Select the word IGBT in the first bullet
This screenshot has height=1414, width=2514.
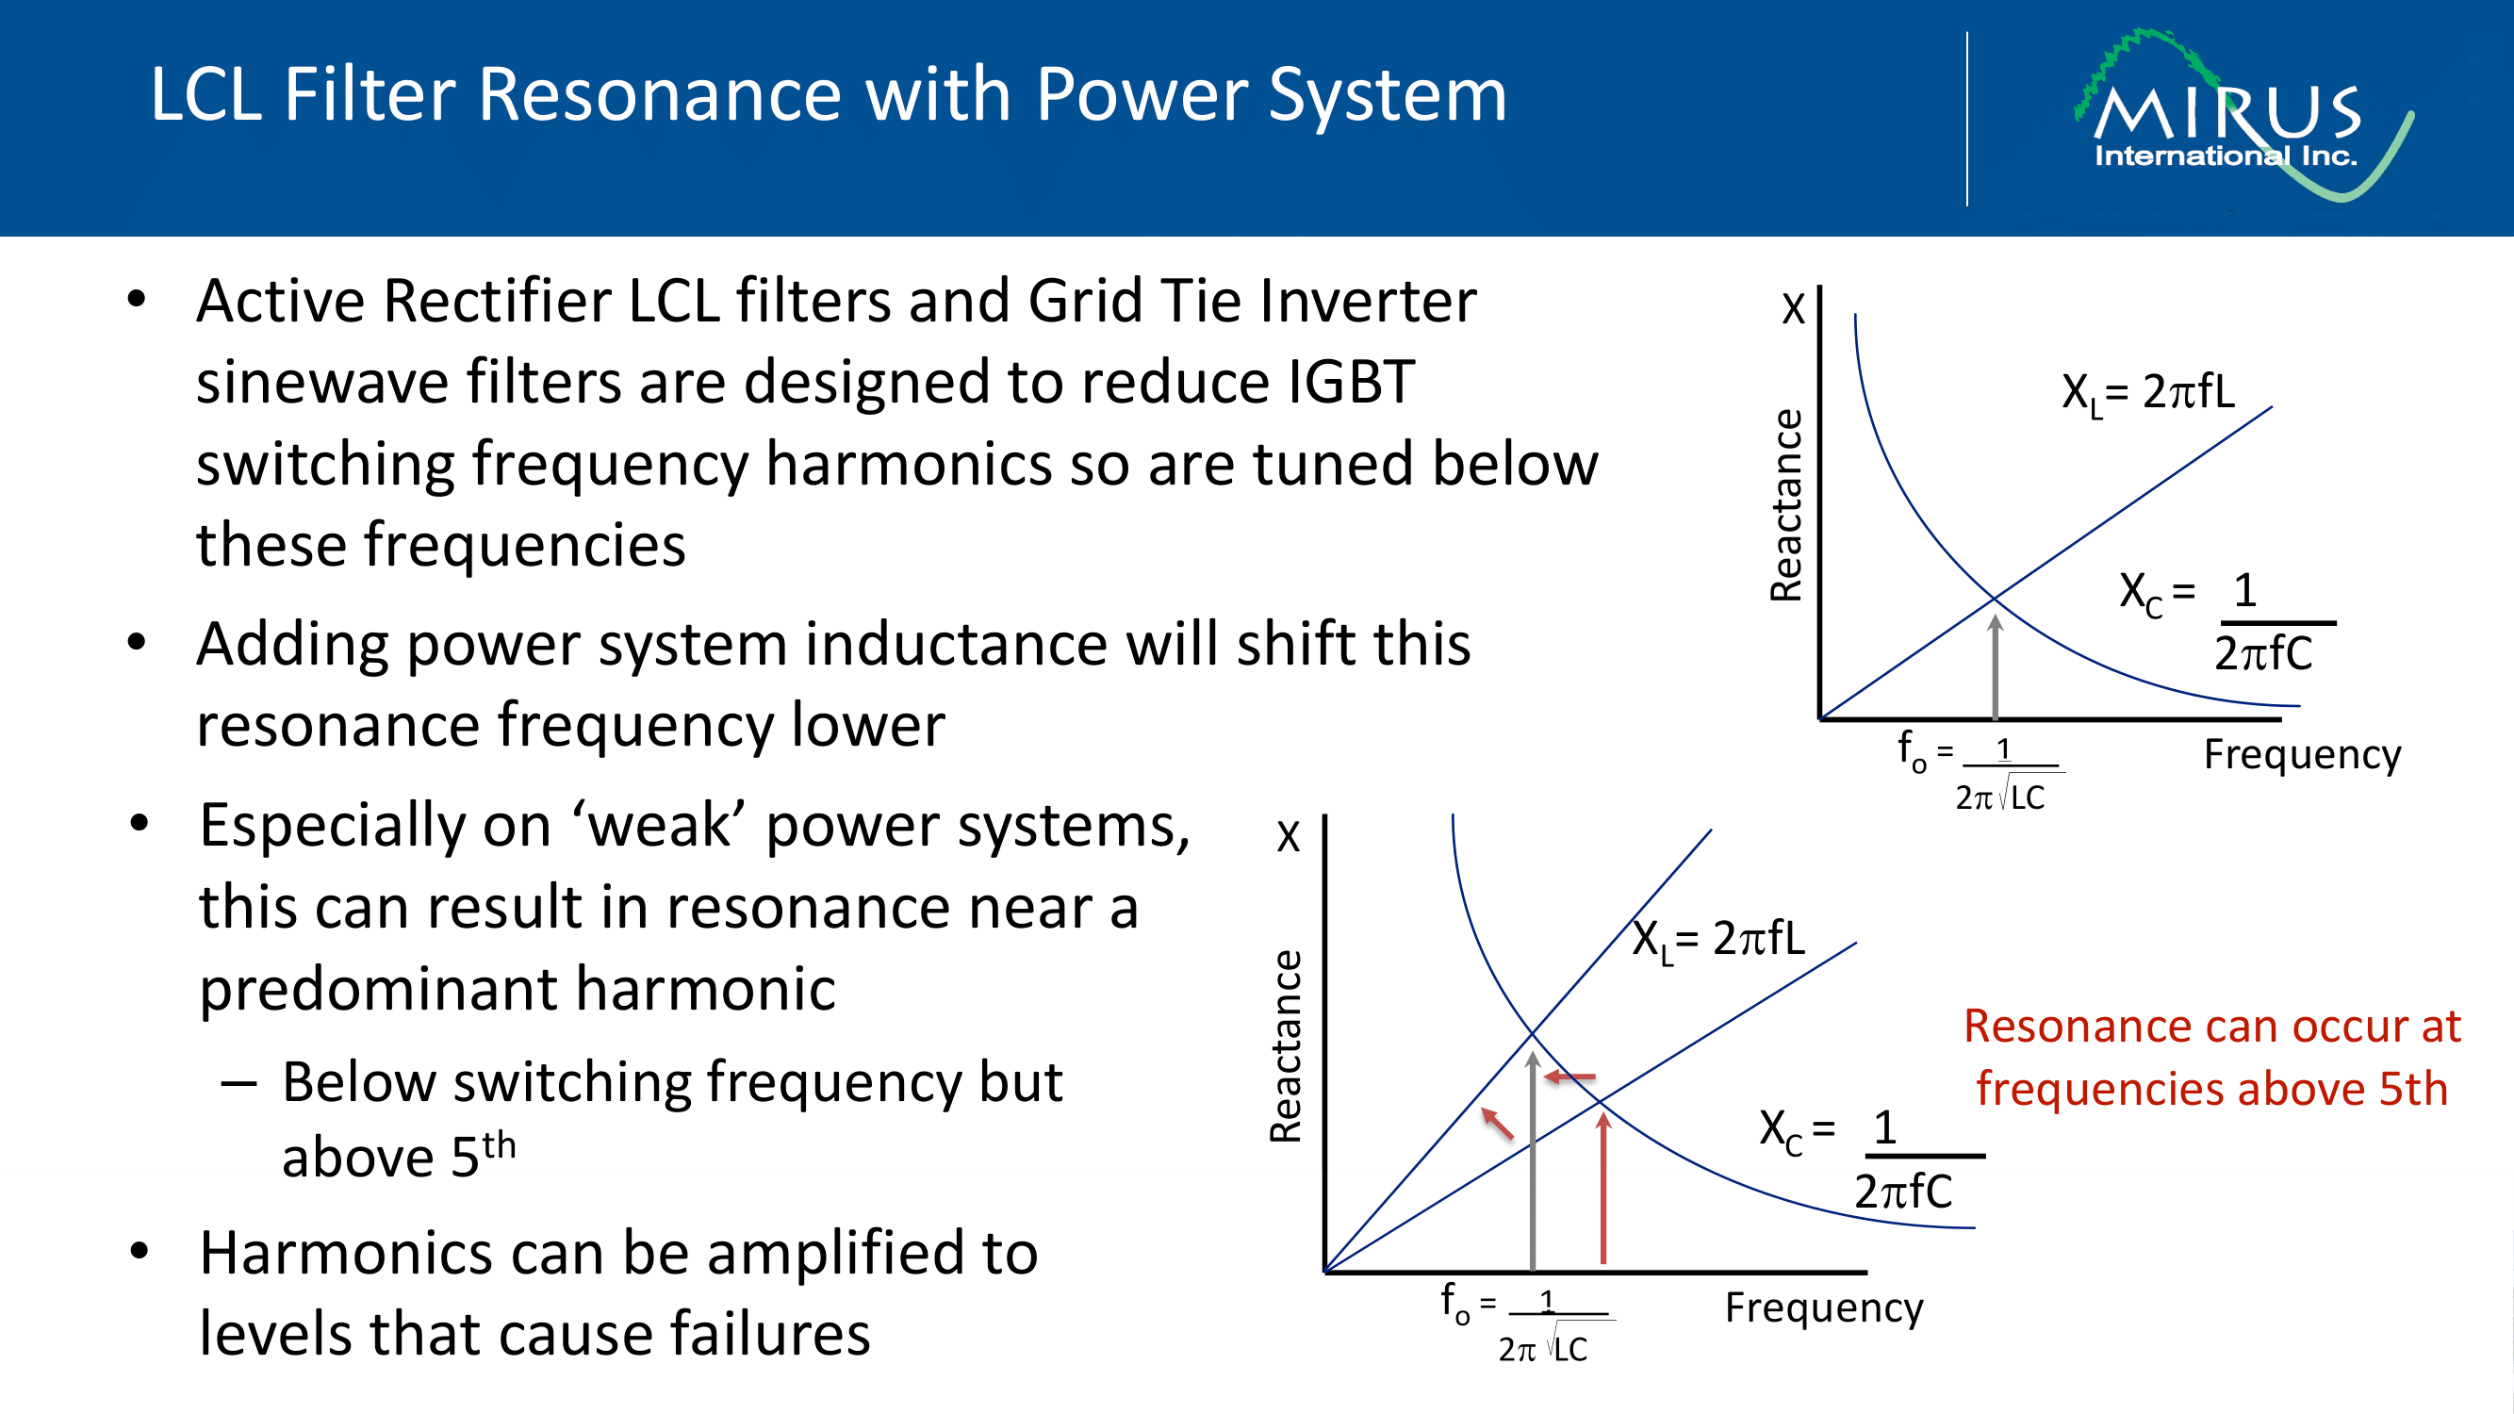click(1351, 382)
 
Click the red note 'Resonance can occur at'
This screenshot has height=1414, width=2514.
click(2211, 1027)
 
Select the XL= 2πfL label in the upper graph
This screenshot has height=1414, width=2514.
click(2148, 393)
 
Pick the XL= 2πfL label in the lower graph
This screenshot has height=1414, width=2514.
click(1718, 940)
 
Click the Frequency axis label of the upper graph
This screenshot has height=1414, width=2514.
click(2302, 754)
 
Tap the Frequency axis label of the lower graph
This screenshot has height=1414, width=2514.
click(1823, 1307)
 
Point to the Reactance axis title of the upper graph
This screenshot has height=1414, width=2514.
click(1785, 505)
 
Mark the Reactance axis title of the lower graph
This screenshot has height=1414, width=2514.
click(1286, 1046)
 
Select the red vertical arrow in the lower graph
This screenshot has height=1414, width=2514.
click(1602, 1191)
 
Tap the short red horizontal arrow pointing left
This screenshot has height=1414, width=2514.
click(1570, 1077)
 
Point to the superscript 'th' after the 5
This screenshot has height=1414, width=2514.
click(498, 1144)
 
